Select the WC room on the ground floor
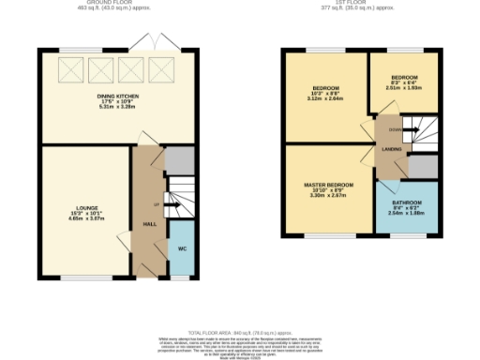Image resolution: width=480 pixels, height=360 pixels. pyautogui.click(x=181, y=248)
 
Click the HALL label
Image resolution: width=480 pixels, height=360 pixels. pyautogui.click(x=149, y=225)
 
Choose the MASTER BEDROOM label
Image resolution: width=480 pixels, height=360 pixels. pyautogui.click(x=328, y=185)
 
